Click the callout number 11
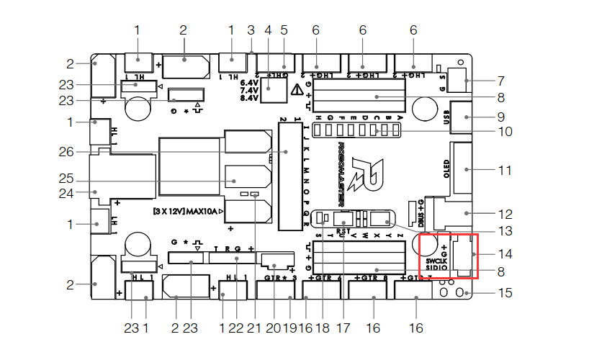505,171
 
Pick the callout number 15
505,294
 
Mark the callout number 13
505,231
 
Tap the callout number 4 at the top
268,30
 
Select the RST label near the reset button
343,232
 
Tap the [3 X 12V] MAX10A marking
186,212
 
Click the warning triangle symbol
297,91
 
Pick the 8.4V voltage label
248,98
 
